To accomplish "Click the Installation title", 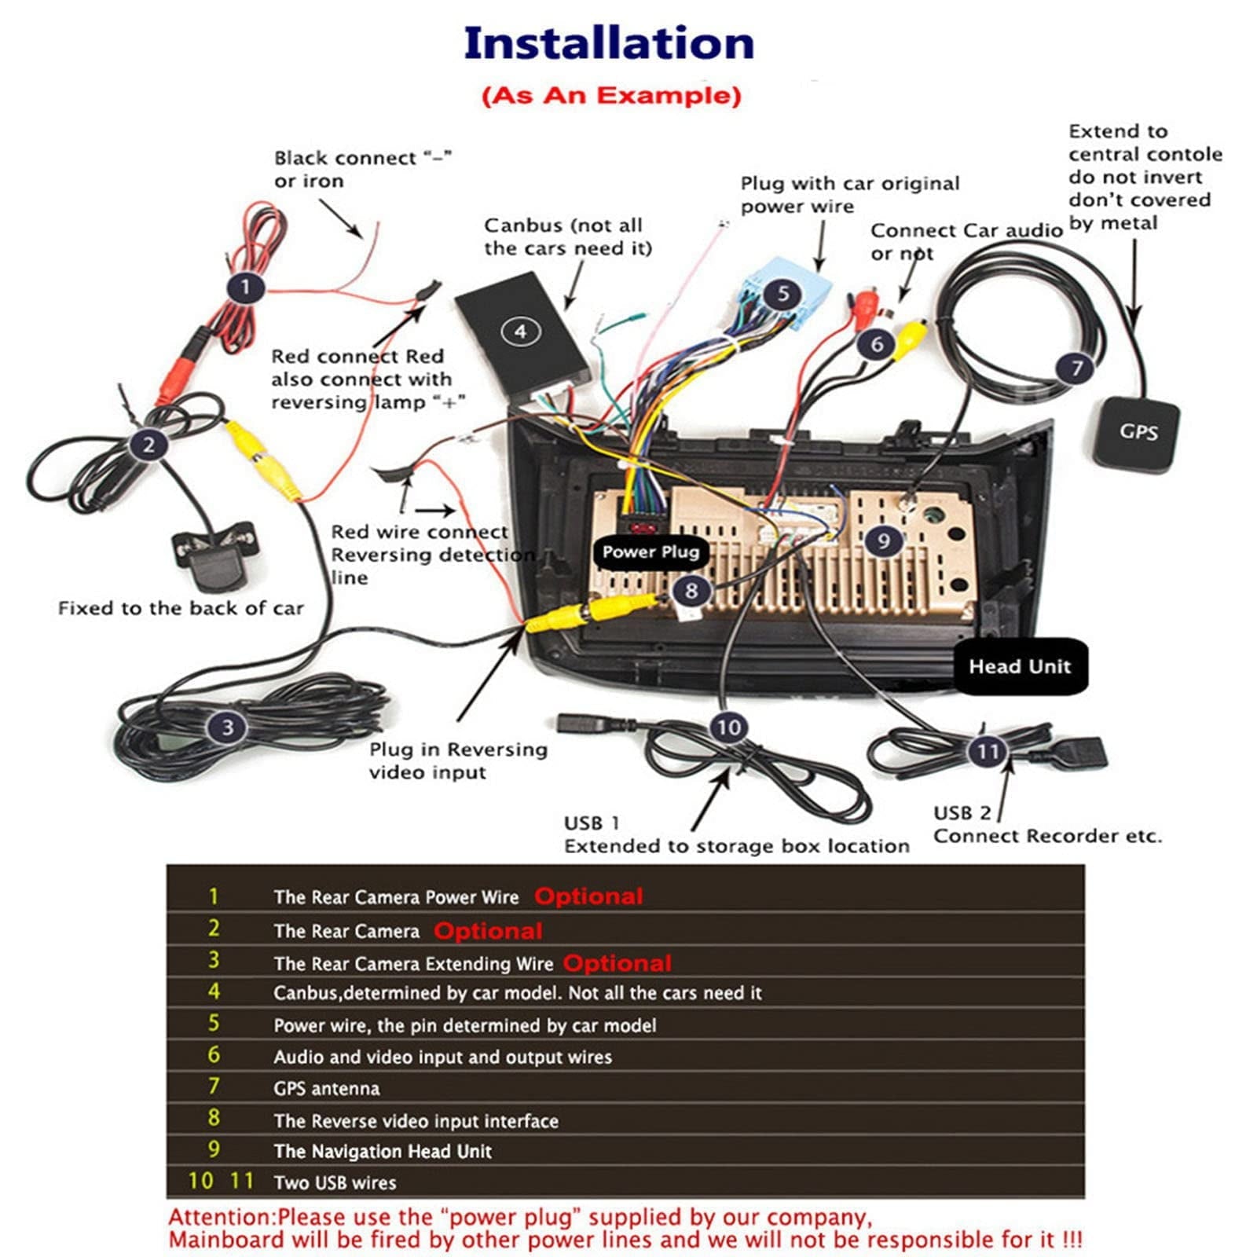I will tap(609, 43).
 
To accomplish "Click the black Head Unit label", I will tap(1020, 666).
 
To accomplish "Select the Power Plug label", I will tap(650, 552).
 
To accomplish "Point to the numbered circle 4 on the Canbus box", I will tap(520, 332).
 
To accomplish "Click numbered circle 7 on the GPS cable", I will tap(1077, 368).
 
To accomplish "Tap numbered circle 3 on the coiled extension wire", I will tap(227, 727).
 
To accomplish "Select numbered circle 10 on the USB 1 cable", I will tap(728, 727).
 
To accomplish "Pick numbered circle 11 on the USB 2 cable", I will tap(988, 752).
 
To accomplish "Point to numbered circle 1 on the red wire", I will tap(245, 288).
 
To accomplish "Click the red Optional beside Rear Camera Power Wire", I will tap(588, 896).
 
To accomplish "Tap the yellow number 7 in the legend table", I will tap(214, 1087).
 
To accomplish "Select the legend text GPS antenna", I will tap(326, 1089).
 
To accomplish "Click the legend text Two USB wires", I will tap(335, 1183).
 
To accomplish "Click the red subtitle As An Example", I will tap(611, 96).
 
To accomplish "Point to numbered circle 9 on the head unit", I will tap(883, 541).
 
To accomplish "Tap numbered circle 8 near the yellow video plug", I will tap(691, 590).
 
